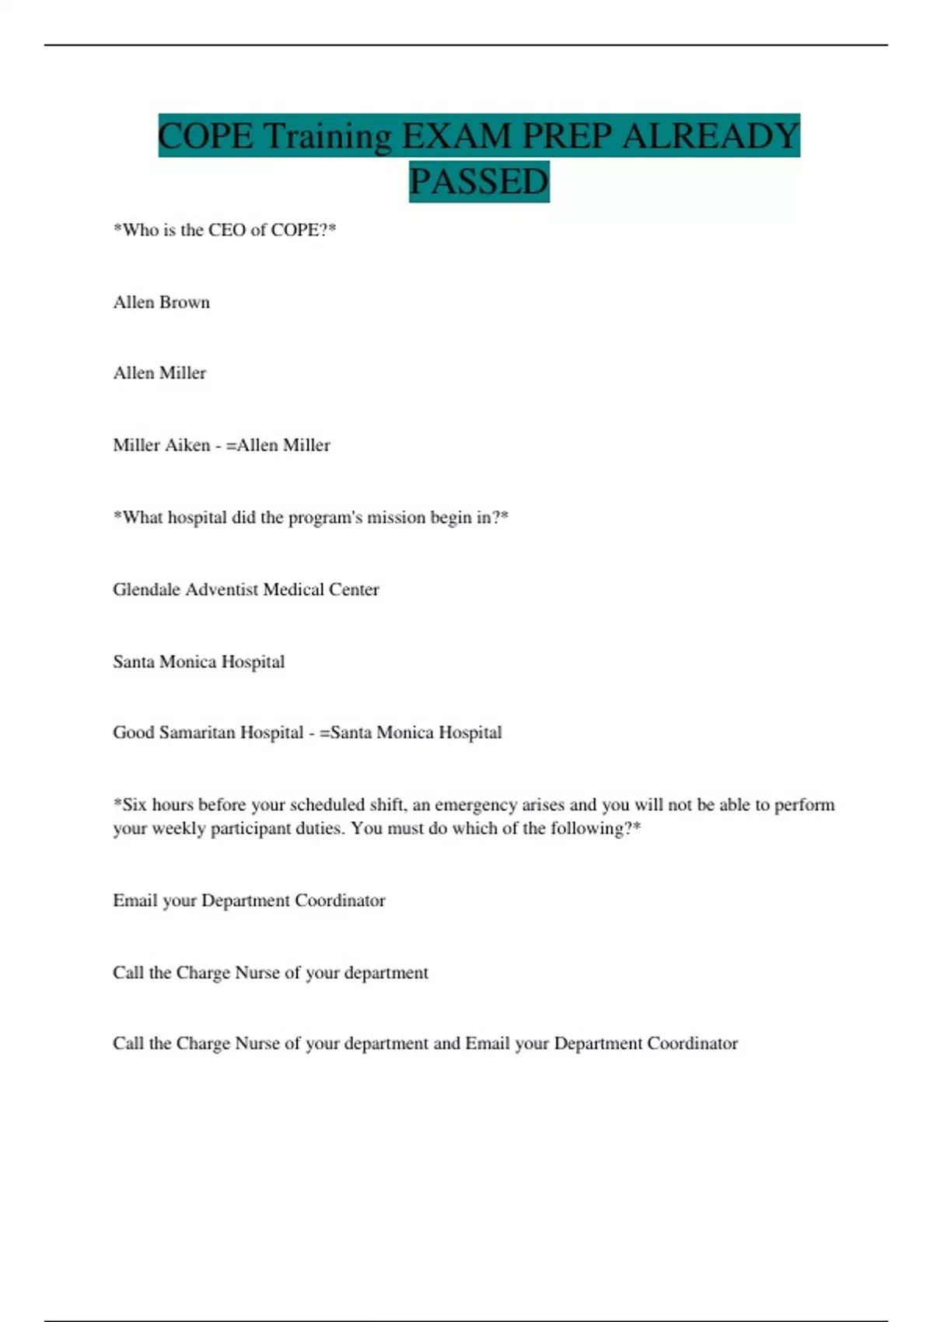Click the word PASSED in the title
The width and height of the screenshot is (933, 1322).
point(479,182)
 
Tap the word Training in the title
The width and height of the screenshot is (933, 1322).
point(327,136)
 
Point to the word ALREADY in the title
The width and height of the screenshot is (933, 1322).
point(711,136)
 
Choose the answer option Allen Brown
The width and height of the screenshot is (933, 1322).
point(161,303)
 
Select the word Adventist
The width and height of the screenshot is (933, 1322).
point(222,589)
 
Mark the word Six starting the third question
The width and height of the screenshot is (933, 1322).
point(135,805)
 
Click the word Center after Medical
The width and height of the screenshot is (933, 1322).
point(354,589)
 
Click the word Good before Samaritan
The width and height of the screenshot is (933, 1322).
point(133,733)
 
